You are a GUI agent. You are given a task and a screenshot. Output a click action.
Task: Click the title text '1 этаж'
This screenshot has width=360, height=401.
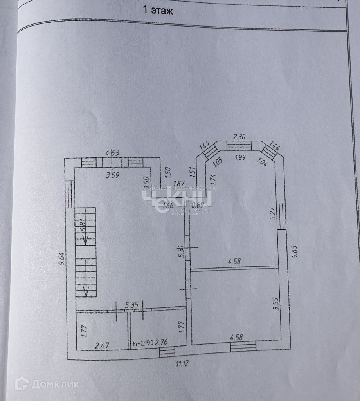click(159, 11)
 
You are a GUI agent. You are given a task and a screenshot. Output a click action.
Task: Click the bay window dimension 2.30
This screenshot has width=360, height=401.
click(239, 137)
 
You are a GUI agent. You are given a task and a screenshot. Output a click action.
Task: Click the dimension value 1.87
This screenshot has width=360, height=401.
click(179, 182)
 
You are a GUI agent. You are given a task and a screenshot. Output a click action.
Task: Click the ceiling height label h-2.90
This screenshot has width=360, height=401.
click(142, 343)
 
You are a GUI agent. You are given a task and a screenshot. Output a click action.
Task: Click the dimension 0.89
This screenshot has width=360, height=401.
click(198, 204)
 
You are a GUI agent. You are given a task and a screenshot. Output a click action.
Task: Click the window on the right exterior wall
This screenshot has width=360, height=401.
click(282, 217)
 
